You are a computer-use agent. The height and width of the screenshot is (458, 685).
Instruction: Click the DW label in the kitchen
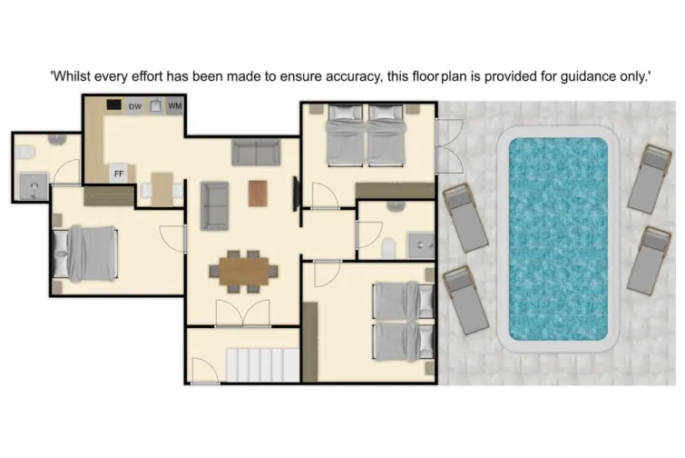[x=135, y=107]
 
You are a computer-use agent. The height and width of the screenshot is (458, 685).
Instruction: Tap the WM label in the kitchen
[x=175, y=107]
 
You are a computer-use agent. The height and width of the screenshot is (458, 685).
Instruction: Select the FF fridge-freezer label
[x=118, y=172]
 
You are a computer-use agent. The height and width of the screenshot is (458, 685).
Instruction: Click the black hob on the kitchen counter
[x=114, y=105]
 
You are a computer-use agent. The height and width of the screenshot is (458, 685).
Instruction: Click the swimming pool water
[x=557, y=237]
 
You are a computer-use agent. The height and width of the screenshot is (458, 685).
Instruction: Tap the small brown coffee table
[x=258, y=193]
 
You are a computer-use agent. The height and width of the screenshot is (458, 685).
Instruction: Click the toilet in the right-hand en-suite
[x=388, y=245]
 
